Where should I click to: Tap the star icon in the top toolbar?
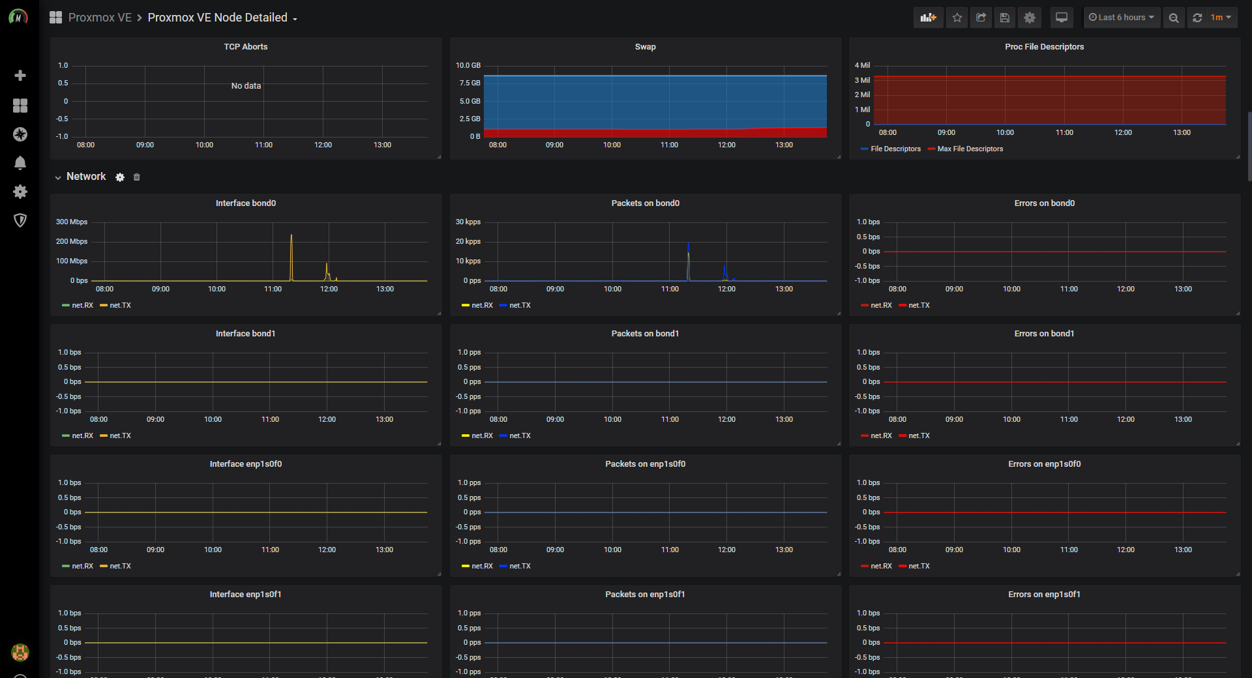tap(957, 18)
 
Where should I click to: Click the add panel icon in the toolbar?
tap(928, 18)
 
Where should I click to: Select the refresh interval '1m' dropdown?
tap(1221, 18)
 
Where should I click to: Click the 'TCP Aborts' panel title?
tap(246, 47)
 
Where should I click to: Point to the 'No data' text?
tap(246, 86)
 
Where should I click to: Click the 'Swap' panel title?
tap(646, 47)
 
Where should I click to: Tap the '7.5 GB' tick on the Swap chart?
tap(469, 83)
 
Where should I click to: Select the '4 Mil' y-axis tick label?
tap(862, 66)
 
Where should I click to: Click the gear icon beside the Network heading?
tap(120, 177)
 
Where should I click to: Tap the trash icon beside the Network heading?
tap(137, 177)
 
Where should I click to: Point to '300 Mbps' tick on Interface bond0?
tap(72, 222)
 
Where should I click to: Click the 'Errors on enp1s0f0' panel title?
tap(1045, 464)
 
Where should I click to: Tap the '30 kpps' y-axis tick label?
tap(468, 222)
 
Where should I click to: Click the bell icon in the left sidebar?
tap(20, 163)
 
